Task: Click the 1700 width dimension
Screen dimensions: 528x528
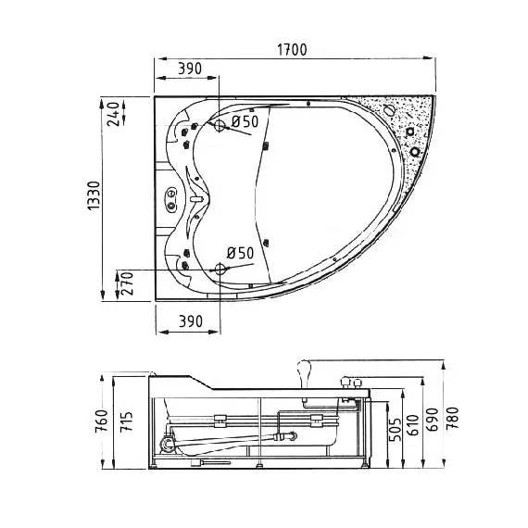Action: [292, 50]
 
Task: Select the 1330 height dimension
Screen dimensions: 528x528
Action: [94, 195]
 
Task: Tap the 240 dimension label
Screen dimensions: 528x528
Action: [113, 114]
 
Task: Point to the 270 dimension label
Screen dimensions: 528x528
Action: [127, 283]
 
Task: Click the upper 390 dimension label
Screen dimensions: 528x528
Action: [190, 69]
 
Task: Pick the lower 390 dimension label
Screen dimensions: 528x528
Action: [191, 321]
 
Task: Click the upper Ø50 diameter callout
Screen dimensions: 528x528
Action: [245, 121]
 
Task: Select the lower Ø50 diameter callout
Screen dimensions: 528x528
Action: [240, 253]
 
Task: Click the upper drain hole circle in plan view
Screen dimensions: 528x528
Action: [220, 126]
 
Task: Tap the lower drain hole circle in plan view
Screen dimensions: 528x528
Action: [220, 269]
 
